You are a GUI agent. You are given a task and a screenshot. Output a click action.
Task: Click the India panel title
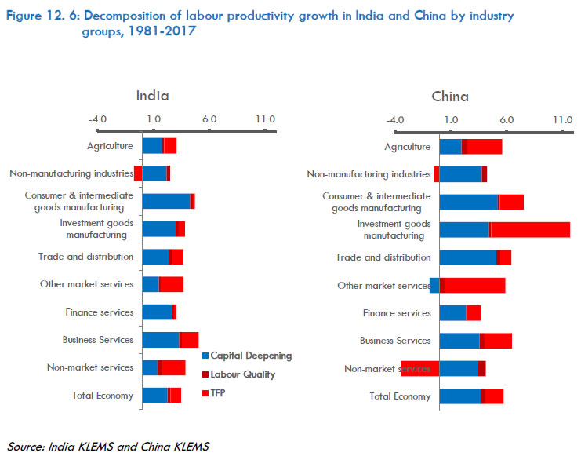[152, 97]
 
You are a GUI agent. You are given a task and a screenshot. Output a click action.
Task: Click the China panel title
[450, 97]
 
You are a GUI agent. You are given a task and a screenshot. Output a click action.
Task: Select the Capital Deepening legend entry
[246, 356]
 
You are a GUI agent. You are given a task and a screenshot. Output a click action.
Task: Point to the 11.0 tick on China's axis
[562, 119]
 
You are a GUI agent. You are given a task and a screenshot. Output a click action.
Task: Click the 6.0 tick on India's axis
[209, 119]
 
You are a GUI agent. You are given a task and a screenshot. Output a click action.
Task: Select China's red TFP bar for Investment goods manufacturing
[530, 229]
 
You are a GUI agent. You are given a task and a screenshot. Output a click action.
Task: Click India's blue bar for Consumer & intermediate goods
[165, 201]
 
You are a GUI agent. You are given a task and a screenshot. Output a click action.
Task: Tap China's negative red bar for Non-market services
[419, 369]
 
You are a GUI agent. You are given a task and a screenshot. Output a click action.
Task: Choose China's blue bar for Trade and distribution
[467, 257]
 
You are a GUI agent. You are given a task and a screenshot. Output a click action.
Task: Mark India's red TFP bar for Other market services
[171, 285]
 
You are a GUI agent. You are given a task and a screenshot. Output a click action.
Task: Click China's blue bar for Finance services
[452, 313]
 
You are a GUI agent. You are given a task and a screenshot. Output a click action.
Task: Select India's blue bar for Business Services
[160, 341]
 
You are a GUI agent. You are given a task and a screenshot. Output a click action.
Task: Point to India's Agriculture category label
[110, 145]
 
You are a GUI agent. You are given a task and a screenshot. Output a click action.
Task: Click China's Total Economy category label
[400, 396]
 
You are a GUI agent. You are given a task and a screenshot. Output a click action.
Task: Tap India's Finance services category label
[100, 312]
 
